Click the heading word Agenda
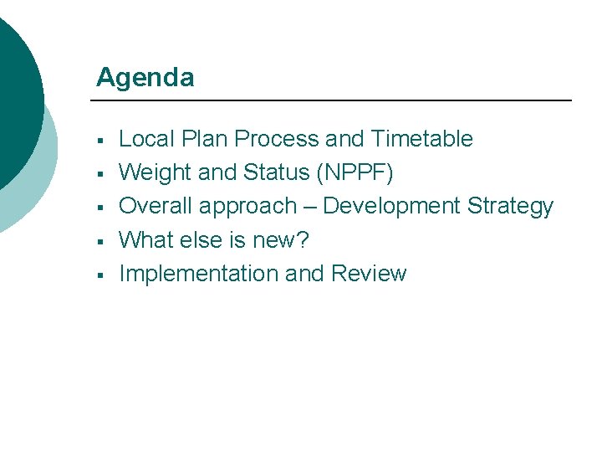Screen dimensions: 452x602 coord(145,78)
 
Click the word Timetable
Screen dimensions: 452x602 coord(422,139)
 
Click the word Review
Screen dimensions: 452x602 coord(369,274)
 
